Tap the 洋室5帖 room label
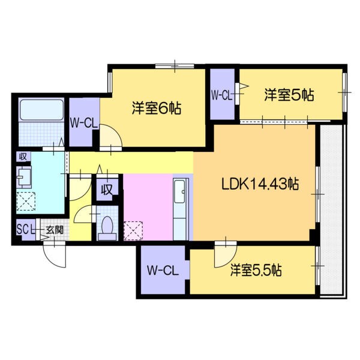[x=289, y=95]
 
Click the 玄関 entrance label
[x=55, y=229]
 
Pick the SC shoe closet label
[x=24, y=229]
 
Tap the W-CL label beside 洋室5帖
[x=221, y=94]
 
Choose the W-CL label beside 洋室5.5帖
[x=162, y=271]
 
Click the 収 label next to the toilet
[x=107, y=191]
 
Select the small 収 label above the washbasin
[x=22, y=157]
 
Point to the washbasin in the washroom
[x=24, y=176]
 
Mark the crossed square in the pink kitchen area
[x=133, y=230]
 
